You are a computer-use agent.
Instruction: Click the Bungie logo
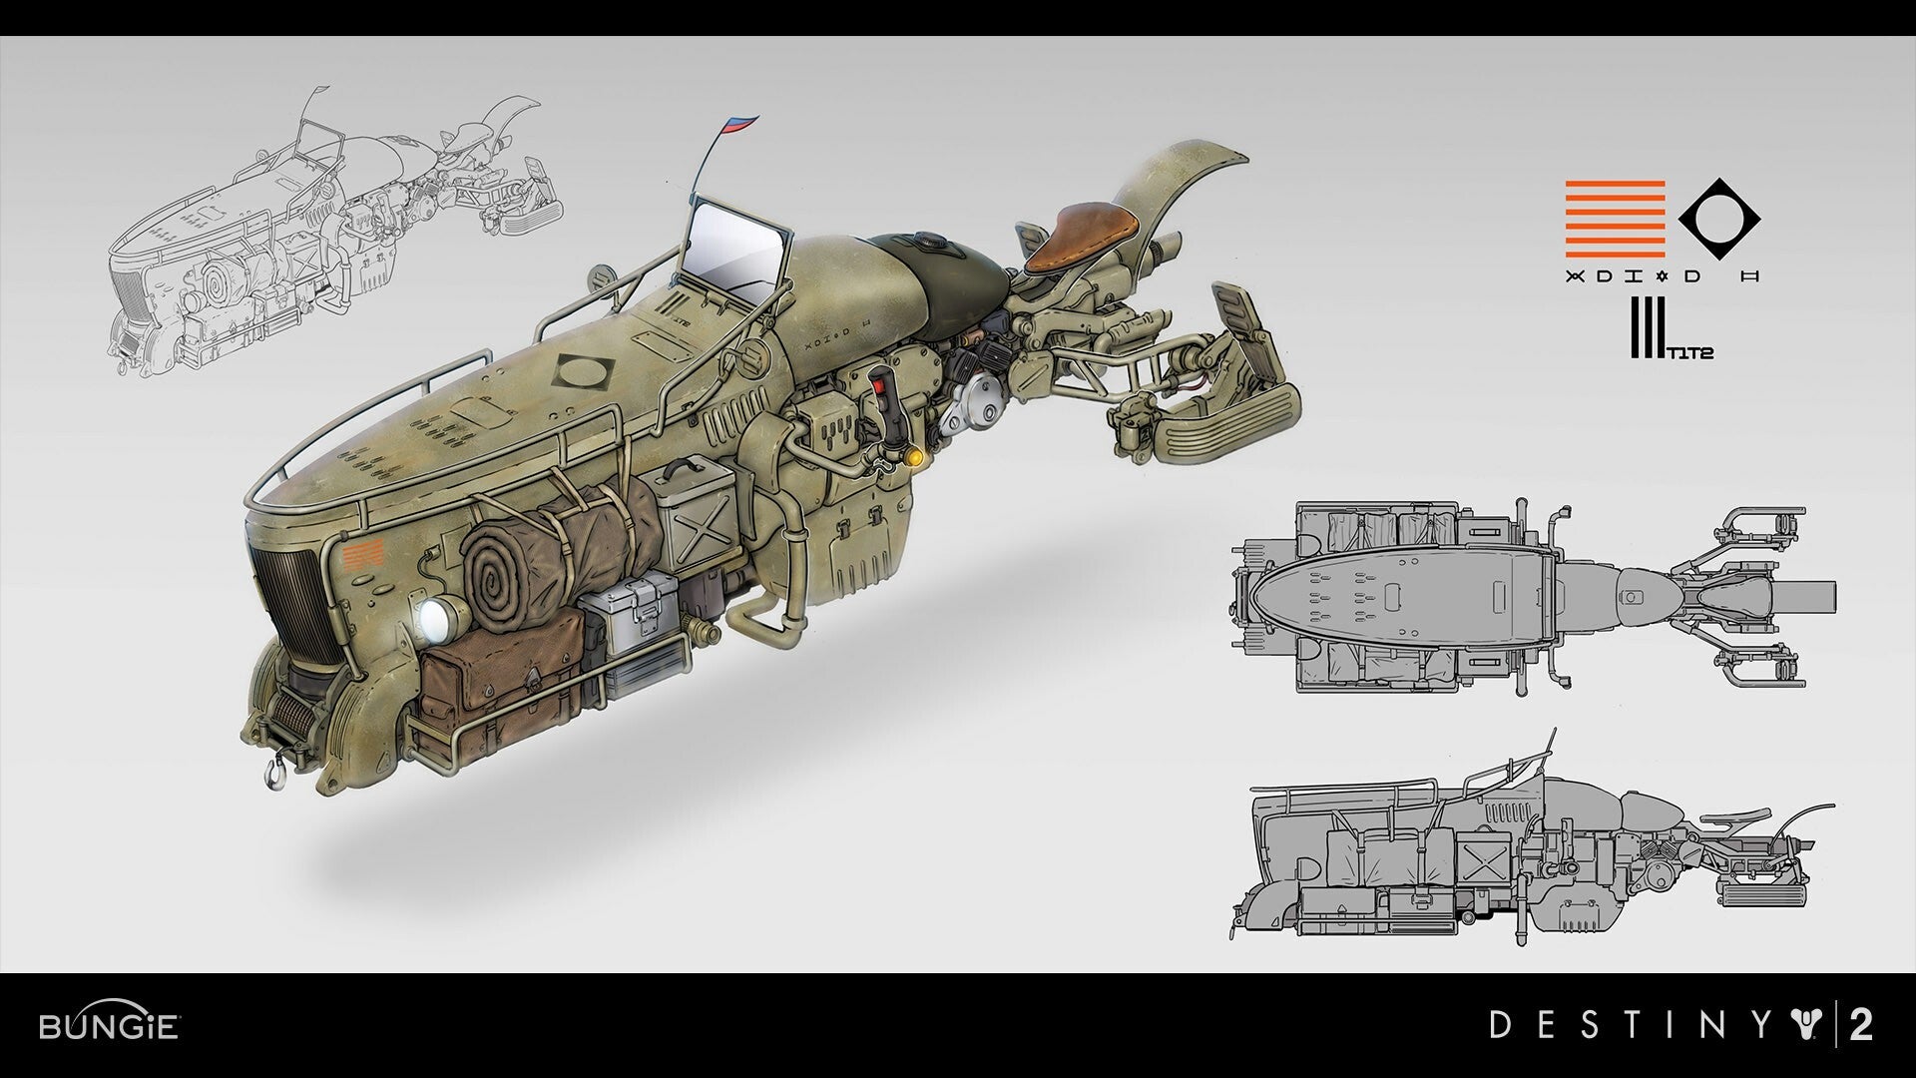[x=109, y=1025]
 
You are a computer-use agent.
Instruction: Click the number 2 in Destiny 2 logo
[x=1859, y=1025]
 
